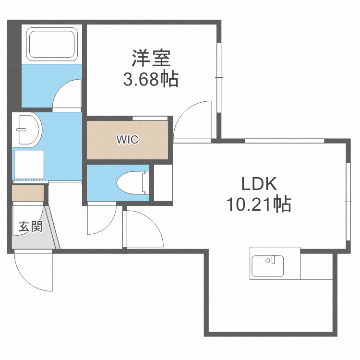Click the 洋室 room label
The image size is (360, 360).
tap(151, 59)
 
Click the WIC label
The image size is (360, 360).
tap(128, 140)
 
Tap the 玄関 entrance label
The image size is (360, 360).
tap(30, 227)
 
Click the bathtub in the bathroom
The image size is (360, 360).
tap(52, 44)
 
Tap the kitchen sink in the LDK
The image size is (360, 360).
tap(267, 265)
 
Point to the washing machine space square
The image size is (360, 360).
tap(29, 165)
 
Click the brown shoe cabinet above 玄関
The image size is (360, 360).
tap(28, 192)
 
